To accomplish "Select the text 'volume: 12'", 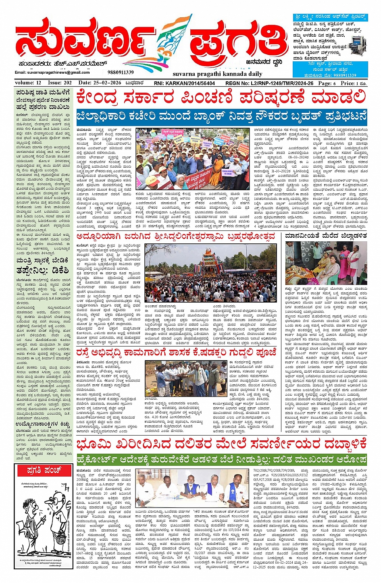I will (28, 83).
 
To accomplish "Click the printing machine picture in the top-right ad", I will (358, 43).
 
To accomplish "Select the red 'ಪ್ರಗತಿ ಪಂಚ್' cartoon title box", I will (45, 470).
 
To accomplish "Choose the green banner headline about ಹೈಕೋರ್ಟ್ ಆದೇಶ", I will (221, 459).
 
